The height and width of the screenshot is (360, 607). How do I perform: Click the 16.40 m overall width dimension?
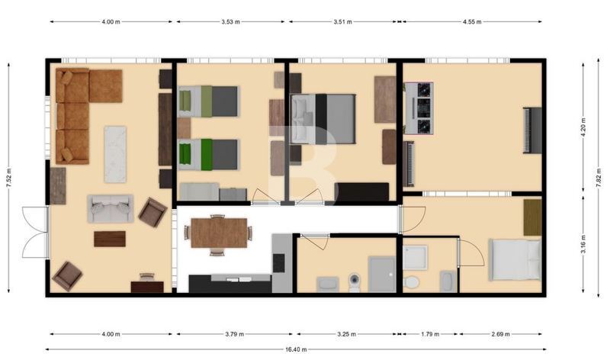click(x=296, y=349)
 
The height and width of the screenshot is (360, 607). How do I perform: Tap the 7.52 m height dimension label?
click(x=9, y=178)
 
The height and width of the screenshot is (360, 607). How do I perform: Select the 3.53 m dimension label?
click(x=231, y=21)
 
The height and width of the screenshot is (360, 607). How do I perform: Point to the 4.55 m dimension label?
click(x=472, y=21)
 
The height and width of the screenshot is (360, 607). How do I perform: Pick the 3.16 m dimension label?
click(x=583, y=244)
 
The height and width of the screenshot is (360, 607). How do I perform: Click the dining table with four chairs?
click(x=219, y=233)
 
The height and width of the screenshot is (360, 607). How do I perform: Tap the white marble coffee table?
click(x=115, y=154)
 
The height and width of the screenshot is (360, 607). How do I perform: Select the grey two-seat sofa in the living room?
click(x=111, y=209)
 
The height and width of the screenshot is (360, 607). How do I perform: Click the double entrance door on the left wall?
click(x=35, y=232)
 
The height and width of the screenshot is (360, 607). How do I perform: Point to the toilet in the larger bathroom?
click(x=355, y=282)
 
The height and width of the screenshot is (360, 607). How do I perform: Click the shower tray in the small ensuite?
click(x=415, y=258)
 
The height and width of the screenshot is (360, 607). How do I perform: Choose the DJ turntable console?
click(x=419, y=108)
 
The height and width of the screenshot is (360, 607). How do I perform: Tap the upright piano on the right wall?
click(x=532, y=130)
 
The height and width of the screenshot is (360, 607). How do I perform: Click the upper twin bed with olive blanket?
click(x=208, y=101)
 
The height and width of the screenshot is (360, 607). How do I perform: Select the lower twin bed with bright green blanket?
click(x=208, y=155)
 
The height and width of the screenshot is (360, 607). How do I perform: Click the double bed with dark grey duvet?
click(x=323, y=119)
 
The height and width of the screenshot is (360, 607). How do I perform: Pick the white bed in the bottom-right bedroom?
click(x=515, y=260)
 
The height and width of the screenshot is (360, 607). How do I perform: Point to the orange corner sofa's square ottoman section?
click(x=106, y=86)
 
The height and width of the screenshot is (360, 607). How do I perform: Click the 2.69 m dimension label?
click(x=500, y=334)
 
